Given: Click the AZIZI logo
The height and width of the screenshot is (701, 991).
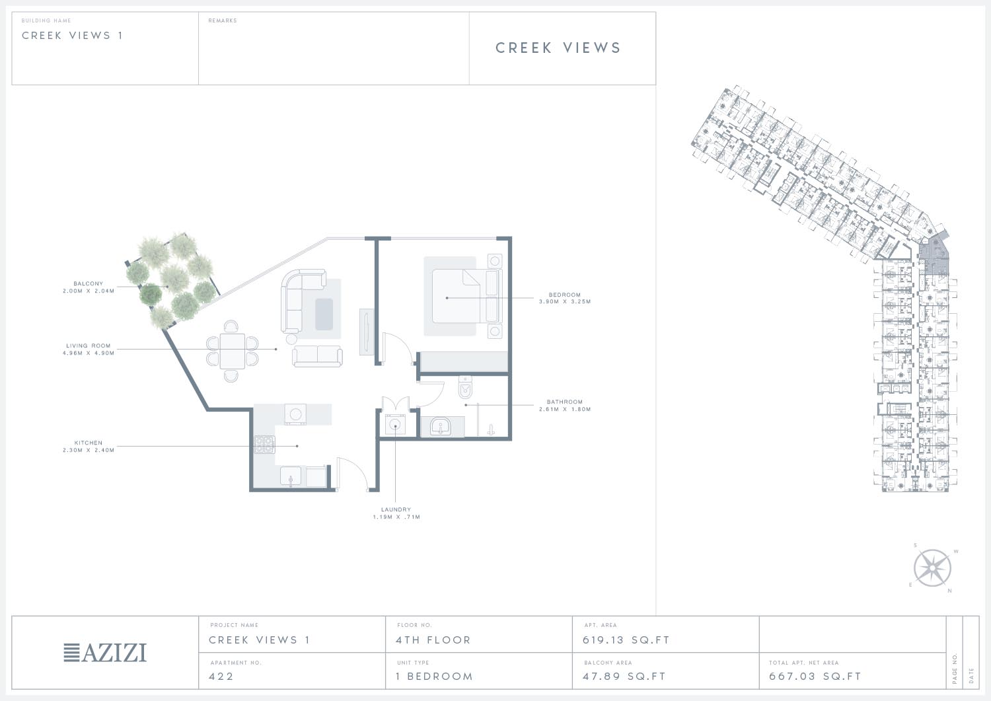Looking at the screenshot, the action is coord(105,653).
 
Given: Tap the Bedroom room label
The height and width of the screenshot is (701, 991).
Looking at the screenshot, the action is coord(564,295).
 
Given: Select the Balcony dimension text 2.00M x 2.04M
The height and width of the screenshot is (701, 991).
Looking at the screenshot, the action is coord(89,291).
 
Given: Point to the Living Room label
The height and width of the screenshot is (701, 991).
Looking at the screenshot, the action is coord(89,346).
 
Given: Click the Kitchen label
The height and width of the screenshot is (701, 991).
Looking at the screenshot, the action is coord(89,443).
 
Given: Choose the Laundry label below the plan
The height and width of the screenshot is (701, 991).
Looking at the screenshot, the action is coord(396,509).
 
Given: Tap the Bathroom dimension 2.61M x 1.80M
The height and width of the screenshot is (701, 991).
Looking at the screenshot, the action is coord(565,410).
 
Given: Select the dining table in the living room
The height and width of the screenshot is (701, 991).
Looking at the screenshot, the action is coord(233,351).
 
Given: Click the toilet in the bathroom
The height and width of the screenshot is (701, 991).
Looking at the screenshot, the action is coord(465,388).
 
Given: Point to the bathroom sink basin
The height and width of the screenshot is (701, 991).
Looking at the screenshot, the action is coord(440,427).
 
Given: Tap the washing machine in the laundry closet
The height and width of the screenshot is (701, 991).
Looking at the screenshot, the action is coord(394,425).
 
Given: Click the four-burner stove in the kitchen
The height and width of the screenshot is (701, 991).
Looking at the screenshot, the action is coord(264,445).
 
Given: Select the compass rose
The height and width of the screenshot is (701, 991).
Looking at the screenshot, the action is coord(933,568).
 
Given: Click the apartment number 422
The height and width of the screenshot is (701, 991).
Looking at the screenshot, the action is coord(221,676).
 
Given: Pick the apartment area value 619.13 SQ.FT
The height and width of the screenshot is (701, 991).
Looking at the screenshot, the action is coord(626,640).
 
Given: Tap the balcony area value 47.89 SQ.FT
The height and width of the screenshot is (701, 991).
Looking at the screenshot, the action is coord(624,676).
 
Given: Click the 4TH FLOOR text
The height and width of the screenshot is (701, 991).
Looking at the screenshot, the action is coord(433,640).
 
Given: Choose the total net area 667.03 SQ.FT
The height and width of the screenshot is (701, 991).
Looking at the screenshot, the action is coord(815,676).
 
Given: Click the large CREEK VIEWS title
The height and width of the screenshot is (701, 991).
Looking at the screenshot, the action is coord(558,48).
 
